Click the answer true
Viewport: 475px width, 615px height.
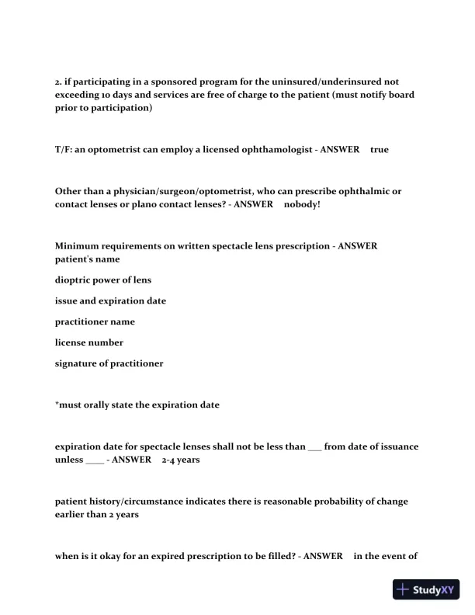click(x=380, y=149)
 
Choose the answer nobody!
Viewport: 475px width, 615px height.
click(x=302, y=204)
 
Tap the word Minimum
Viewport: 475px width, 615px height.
click(x=78, y=246)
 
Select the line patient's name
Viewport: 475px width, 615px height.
click(x=87, y=259)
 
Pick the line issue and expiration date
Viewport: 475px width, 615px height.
click(x=110, y=301)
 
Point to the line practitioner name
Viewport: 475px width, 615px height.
click(x=95, y=321)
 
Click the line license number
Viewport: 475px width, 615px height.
click(x=89, y=342)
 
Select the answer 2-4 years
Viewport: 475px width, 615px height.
click(x=181, y=460)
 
